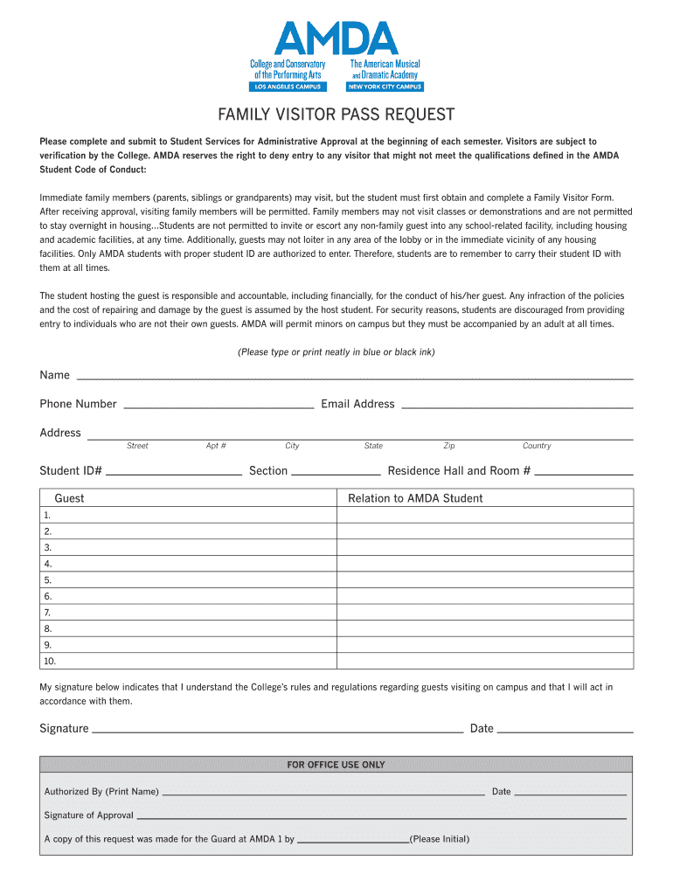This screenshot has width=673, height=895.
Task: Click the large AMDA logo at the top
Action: click(336, 38)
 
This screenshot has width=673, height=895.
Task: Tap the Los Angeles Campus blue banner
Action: click(288, 87)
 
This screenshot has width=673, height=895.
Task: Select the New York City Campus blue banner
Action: click(385, 87)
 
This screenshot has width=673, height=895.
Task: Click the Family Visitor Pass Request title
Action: click(336, 115)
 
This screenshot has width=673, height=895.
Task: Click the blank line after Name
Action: click(355, 376)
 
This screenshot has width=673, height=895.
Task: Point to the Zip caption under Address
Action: click(449, 446)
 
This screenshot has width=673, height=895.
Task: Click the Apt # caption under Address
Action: click(216, 446)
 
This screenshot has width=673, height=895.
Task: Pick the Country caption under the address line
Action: click(537, 446)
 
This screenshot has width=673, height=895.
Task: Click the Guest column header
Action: click(70, 498)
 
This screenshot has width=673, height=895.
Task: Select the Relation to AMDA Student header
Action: click(415, 498)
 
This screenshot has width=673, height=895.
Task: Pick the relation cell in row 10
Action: click(485, 661)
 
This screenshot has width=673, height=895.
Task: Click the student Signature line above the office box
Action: click(277, 729)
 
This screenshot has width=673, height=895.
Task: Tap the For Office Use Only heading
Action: click(336, 765)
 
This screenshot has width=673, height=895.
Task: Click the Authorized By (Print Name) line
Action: click(323, 793)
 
